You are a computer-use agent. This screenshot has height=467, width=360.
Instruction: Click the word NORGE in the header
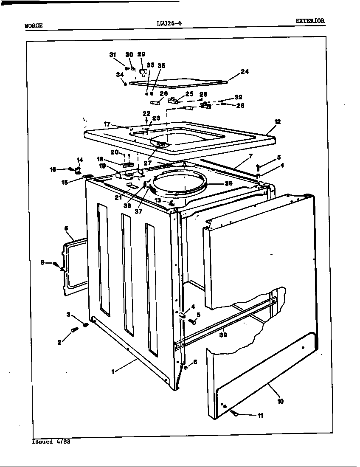[x=34, y=25]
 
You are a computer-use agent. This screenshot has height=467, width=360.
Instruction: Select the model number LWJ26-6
[x=169, y=24]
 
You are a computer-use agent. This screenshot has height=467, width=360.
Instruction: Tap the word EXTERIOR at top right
[x=310, y=20]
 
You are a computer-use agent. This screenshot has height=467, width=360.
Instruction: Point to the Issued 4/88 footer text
[x=51, y=442]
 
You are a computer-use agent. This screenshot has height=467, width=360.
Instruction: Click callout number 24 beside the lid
[x=245, y=72]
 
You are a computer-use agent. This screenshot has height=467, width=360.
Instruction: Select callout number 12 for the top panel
[x=277, y=121]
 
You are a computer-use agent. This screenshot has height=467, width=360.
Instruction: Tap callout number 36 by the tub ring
[x=228, y=184]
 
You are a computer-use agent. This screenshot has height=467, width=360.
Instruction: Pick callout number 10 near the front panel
[x=280, y=401]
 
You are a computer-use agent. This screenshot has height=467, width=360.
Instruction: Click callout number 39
[x=223, y=335]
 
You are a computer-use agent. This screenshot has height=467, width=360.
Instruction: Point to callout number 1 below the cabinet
[x=112, y=372]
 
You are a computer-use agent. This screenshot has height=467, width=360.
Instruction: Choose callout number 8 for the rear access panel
[x=66, y=228]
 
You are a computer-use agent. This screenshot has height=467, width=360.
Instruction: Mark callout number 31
[x=112, y=54]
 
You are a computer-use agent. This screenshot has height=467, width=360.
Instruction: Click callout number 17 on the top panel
[x=107, y=124]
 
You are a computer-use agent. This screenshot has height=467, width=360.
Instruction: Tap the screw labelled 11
[x=235, y=413]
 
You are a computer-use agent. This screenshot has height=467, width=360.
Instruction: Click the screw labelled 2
[x=75, y=329]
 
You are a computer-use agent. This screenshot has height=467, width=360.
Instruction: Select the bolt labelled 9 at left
[x=56, y=264]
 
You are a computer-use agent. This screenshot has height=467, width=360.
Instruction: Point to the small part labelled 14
[x=78, y=171]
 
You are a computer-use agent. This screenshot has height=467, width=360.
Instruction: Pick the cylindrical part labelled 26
[x=155, y=102]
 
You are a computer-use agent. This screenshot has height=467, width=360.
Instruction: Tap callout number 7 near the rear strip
[x=250, y=156]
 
